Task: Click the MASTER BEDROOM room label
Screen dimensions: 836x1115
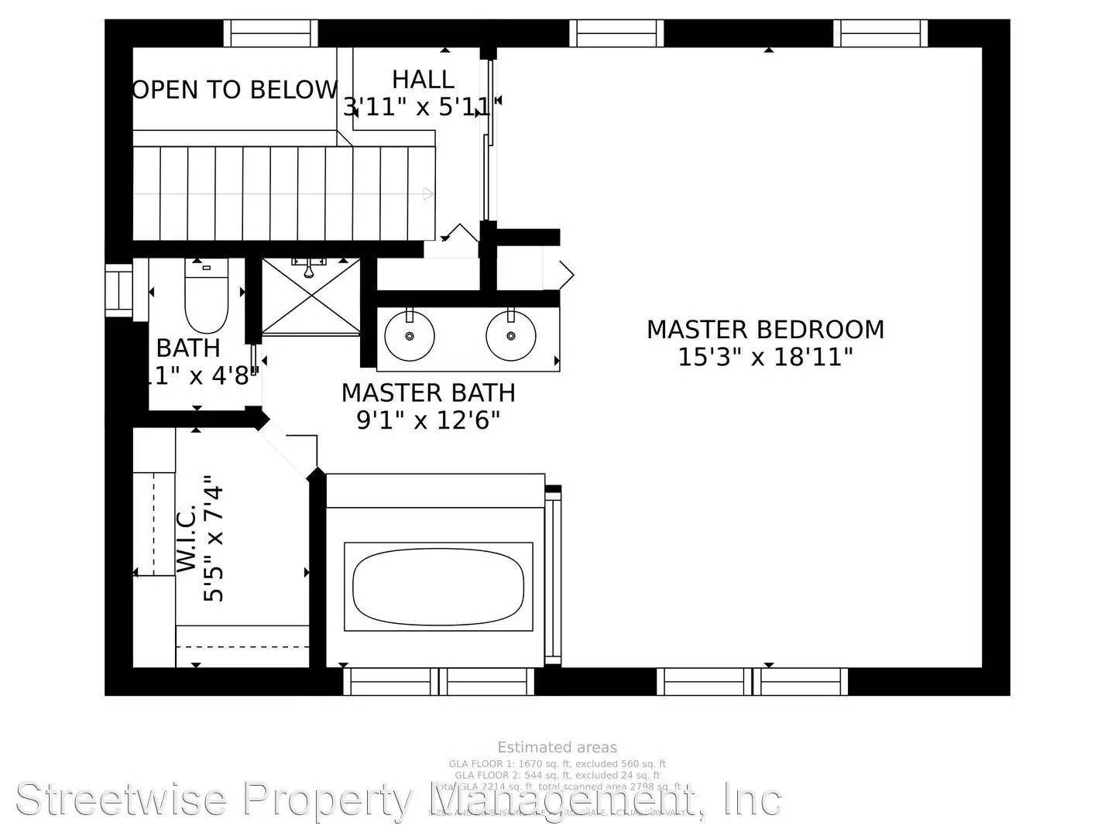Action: tap(765, 329)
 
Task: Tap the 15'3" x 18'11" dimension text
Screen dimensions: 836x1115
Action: tap(765, 358)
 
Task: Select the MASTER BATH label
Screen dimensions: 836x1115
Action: tap(428, 392)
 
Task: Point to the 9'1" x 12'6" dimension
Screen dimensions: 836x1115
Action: tap(428, 420)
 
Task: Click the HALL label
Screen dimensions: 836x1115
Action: tap(423, 79)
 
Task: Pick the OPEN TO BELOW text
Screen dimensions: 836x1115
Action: tap(235, 90)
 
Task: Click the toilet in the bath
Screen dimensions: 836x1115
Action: tap(206, 298)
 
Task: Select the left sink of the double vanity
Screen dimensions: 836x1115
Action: tap(409, 335)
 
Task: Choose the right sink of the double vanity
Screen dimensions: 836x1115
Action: tap(511, 335)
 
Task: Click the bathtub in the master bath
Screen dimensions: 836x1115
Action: tap(438, 586)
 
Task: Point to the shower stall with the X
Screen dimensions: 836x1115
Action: tap(310, 296)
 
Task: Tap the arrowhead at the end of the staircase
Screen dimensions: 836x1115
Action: tap(428, 194)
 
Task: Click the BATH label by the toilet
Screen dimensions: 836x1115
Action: tap(188, 348)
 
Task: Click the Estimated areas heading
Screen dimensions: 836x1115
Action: tap(557, 747)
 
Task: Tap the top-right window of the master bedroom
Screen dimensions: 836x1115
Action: tap(880, 33)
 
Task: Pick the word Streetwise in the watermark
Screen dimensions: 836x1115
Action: tap(121, 800)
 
